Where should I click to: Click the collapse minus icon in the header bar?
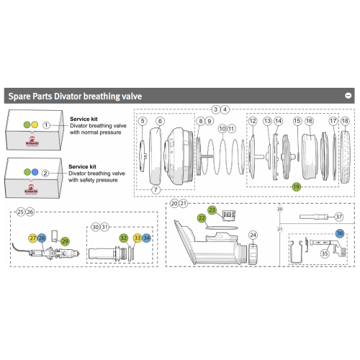tap(348, 95)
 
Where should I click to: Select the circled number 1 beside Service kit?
tap(45, 125)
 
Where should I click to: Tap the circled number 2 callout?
tap(45, 173)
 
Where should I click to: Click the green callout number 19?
tap(296, 186)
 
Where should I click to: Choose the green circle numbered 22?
tap(202, 217)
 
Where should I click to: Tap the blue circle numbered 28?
tap(42, 238)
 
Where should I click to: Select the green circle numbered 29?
tap(65, 240)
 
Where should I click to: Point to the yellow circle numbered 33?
tap(137, 238)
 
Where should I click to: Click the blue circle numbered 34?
tap(147, 238)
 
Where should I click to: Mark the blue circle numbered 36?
tap(339, 233)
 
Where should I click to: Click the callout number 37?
tap(339, 216)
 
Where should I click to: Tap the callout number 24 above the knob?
tap(253, 235)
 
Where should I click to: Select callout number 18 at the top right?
tap(345, 121)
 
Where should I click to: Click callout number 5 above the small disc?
tap(143, 121)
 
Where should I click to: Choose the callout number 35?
tap(325, 253)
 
